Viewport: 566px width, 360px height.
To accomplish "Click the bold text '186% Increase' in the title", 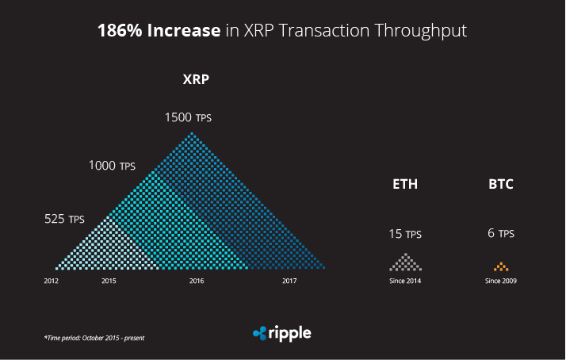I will pos(159,31).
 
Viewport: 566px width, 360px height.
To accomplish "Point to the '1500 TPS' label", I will pos(188,117).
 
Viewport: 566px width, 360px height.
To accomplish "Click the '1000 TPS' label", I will pos(112,166).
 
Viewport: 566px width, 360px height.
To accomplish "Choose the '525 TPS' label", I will pos(64,219).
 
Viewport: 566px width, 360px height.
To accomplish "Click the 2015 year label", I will pos(109,281).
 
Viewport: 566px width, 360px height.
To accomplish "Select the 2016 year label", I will pos(197,281).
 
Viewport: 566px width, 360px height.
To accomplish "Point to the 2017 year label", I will pos(289,281).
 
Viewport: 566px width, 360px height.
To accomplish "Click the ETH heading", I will pos(405,185).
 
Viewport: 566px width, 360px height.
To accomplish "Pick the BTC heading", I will pos(501,185).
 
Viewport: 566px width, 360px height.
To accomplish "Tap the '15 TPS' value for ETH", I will pos(405,234).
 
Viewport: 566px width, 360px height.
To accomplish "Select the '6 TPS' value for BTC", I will pos(501,234).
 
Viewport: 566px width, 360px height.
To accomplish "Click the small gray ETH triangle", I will pos(405,262).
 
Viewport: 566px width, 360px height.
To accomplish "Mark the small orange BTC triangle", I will pos(501,266).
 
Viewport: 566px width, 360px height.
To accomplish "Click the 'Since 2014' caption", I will pos(405,281).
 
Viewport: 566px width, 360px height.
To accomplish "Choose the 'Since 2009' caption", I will pos(501,281).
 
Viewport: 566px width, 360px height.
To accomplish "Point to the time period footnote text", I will pos(94,338).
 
